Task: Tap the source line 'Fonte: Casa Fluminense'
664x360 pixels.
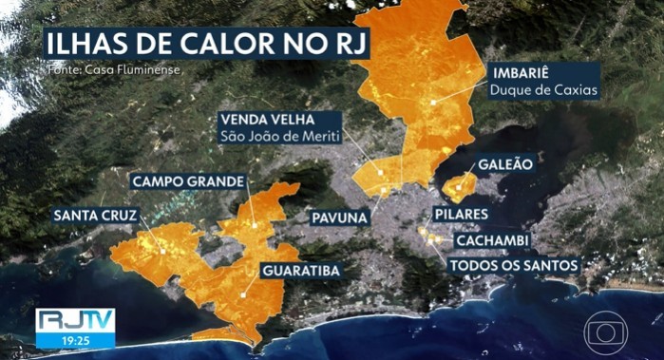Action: click(x=112, y=70)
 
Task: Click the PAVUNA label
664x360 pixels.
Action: click(x=340, y=218)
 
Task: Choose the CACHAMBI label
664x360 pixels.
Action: click(x=489, y=240)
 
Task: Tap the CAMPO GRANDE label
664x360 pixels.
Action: click(x=188, y=180)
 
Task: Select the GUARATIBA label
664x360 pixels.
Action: click(x=298, y=271)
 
